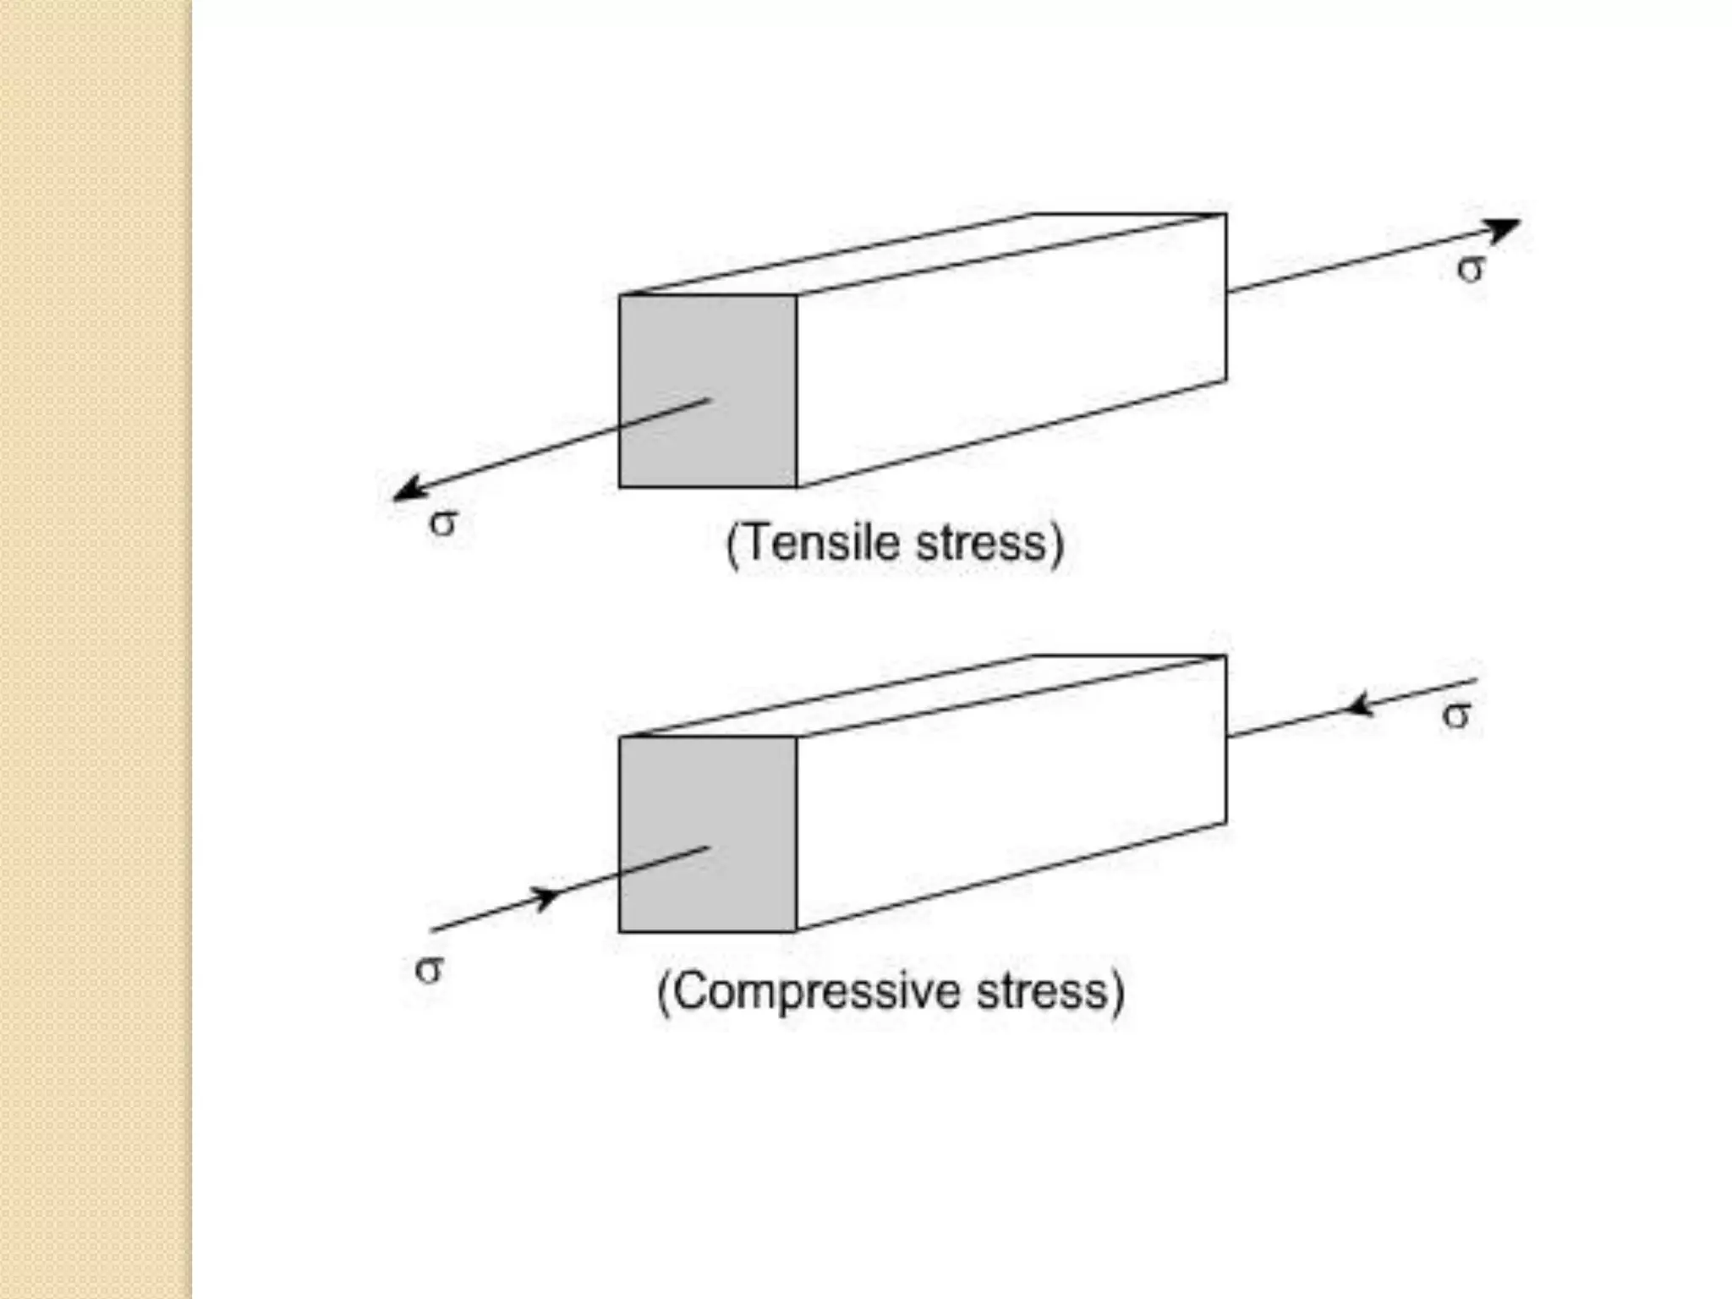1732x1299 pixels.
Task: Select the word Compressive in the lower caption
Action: (816, 991)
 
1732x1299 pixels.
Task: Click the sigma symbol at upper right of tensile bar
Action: (1471, 270)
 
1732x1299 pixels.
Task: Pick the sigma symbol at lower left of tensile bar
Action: (443, 523)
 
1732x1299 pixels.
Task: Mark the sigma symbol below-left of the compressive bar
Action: (429, 969)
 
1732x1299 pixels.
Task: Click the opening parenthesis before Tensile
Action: (733, 545)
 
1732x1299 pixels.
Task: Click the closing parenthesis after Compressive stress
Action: (1118, 993)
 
